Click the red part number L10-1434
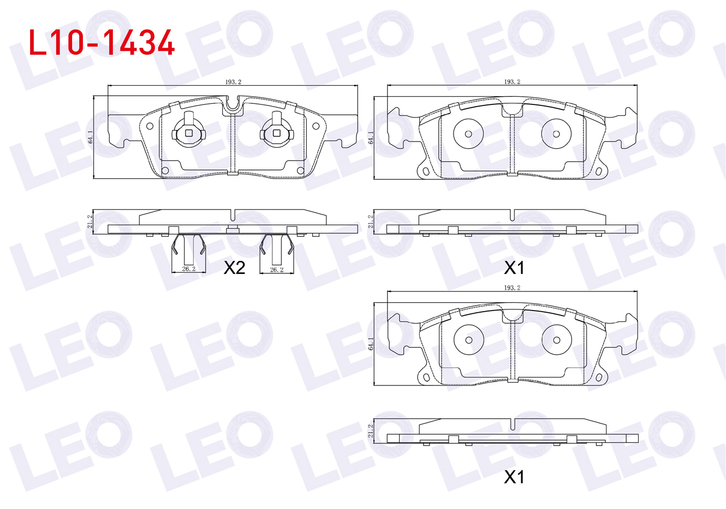[102, 43]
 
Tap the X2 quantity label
[234, 268]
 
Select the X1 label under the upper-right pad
[514, 268]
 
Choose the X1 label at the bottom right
[514, 477]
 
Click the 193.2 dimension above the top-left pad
[234, 82]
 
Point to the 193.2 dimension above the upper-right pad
[512, 82]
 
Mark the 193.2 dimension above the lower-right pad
[512, 288]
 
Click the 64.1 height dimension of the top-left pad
[91, 137]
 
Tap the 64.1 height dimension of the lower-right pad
[371, 343]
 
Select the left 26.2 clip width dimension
[189, 269]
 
